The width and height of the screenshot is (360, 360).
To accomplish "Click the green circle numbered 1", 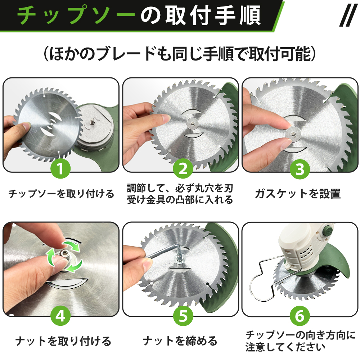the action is [60, 168].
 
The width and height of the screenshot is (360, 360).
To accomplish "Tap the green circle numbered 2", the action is [183, 168].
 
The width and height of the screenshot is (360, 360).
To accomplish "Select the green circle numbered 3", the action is [300, 169].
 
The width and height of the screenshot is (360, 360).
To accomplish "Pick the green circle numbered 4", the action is [60, 316].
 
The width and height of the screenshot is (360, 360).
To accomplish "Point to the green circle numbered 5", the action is [183, 316].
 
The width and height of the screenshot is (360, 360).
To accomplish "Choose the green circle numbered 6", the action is [300, 316].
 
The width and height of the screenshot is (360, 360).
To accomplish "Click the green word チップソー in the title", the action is [76, 15].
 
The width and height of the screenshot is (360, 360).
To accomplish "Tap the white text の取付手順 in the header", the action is [201, 15].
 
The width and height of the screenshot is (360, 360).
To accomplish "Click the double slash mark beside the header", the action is [348, 15].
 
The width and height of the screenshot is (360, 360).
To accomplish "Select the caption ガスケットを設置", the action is [298, 194].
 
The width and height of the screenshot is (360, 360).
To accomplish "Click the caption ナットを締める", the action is [180, 341].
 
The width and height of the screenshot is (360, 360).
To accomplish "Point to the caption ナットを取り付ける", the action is [63, 341].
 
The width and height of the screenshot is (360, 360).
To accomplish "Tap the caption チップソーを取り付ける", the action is [61, 194].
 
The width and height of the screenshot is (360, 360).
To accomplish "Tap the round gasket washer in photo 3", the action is [293, 134].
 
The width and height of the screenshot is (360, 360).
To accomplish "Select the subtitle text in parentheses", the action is [180, 54].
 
